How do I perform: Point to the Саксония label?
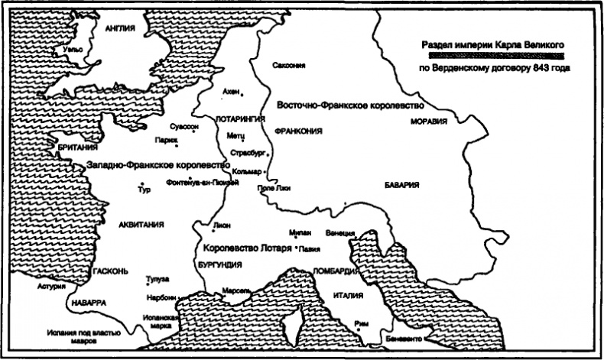click(288, 66)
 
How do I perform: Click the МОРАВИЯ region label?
click(427, 121)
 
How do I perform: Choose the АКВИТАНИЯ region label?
click(138, 224)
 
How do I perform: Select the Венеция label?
click(339, 232)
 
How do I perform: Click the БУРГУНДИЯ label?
click(219, 264)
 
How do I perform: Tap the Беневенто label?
click(400, 339)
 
